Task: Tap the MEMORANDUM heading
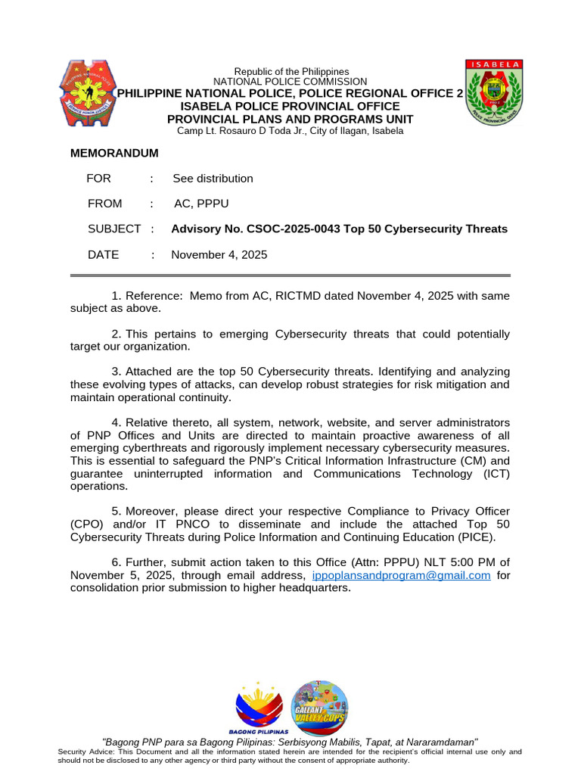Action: (x=114, y=153)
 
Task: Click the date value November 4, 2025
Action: (x=219, y=255)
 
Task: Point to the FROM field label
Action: (x=104, y=204)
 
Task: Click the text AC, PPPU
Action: (x=201, y=204)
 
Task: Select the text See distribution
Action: (x=213, y=179)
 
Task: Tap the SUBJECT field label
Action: (x=114, y=229)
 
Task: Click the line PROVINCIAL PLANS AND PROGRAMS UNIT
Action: (x=290, y=119)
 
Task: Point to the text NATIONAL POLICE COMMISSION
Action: (x=290, y=82)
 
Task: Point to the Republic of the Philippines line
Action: (x=290, y=71)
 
